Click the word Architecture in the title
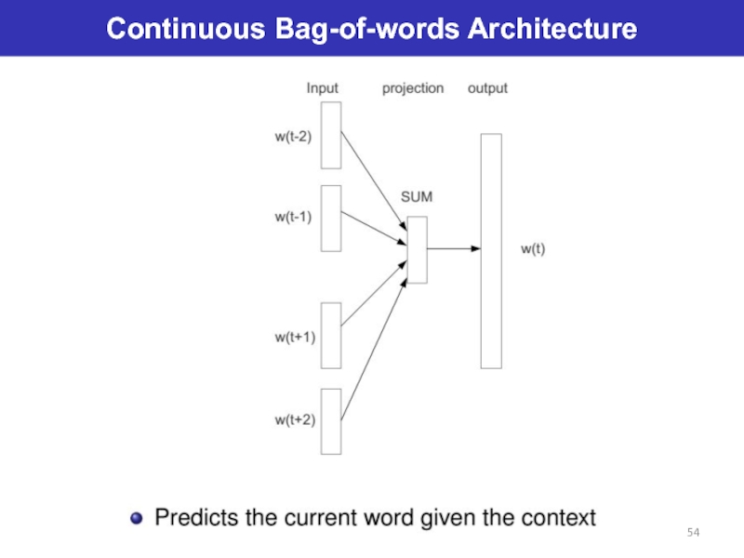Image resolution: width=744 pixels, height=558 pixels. (x=552, y=30)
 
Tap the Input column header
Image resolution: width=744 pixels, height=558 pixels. (x=323, y=88)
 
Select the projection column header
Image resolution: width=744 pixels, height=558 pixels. (x=413, y=88)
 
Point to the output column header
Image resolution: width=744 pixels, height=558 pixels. (x=487, y=88)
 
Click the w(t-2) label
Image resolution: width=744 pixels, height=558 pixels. (x=293, y=137)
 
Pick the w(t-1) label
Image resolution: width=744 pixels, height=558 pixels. (x=293, y=217)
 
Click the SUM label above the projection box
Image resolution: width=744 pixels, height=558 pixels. (x=416, y=197)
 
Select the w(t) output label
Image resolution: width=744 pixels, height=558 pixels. (x=533, y=249)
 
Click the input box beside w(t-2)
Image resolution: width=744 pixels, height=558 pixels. (x=331, y=135)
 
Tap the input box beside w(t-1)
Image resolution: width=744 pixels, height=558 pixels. (x=331, y=218)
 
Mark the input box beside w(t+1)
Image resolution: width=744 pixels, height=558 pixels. (x=331, y=336)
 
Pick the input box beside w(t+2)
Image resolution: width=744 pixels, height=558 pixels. (x=331, y=420)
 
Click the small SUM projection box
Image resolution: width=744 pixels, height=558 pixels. (x=417, y=249)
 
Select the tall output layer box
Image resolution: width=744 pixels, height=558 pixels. (x=490, y=250)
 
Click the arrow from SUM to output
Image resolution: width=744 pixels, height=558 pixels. (x=453, y=248)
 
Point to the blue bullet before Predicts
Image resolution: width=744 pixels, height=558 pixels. (x=138, y=518)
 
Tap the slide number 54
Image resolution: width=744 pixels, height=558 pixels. (x=693, y=531)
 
